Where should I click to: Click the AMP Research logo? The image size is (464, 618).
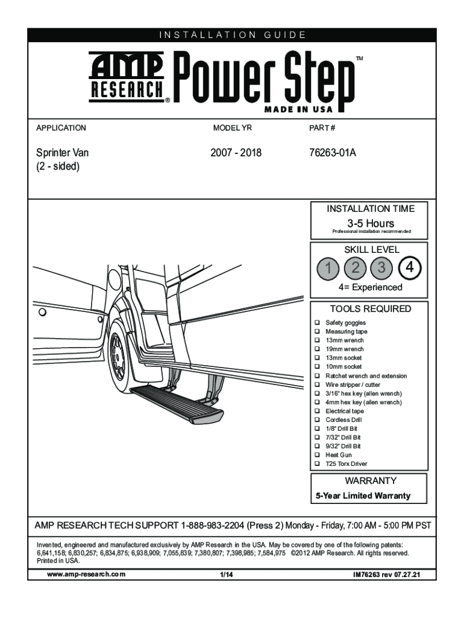click(x=127, y=76)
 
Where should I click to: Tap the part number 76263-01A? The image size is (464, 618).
click(x=330, y=153)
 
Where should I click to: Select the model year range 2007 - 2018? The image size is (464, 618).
click(x=236, y=153)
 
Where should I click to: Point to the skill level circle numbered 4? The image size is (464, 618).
click(x=410, y=267)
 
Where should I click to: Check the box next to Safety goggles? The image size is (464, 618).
click(x=317, y=323)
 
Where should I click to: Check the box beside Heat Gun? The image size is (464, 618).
click(x=317, y=455)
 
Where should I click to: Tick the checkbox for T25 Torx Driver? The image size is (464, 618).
click(x=317, y=463)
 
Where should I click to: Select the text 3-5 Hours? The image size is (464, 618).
click(x=371, y=224)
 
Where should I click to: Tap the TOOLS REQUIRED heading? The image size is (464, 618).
click(x=371, y=309)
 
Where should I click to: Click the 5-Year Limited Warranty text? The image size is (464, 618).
click(x=371, y=496)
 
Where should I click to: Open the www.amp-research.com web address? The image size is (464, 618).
click(x=86, y=574)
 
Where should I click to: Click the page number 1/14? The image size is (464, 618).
click(x=227, y=574)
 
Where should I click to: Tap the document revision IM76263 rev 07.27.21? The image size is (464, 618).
click(x=386, y=575)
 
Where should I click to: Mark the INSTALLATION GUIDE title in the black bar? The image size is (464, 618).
click(x=232, y=35)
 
